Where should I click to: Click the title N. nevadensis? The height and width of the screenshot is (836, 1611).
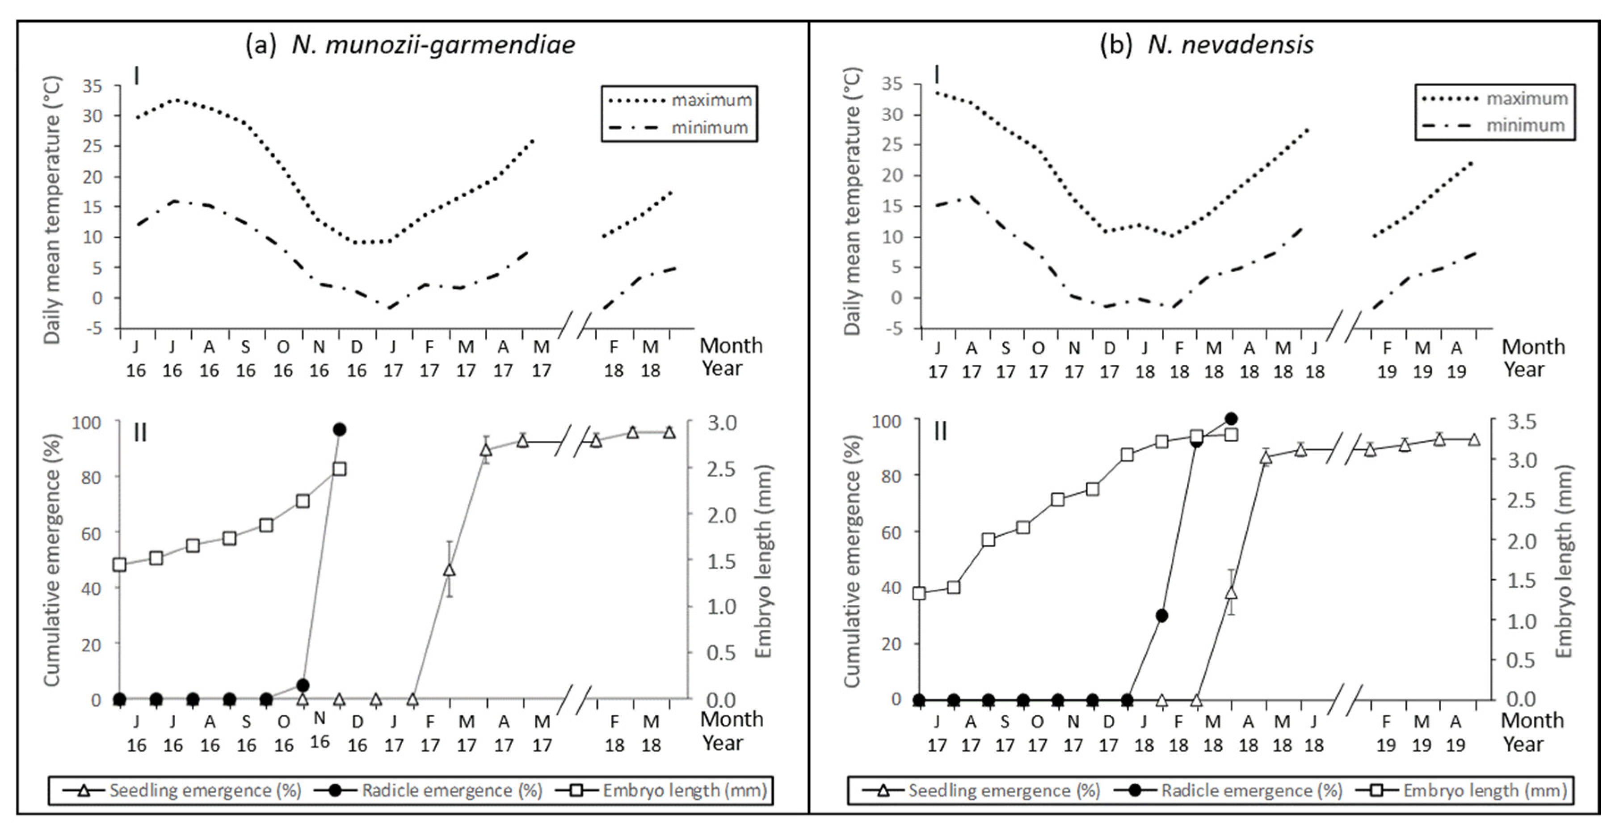tap(1230, 44)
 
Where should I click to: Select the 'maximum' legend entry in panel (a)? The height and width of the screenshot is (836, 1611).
tap(711, 100)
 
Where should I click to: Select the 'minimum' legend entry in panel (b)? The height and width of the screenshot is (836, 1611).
tap(1525, 126)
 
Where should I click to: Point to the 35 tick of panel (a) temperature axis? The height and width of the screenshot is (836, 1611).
tap(92, 86)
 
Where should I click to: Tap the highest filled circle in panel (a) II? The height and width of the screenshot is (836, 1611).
tap(340, 429)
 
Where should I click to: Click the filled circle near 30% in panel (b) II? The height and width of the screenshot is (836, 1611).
tap(1162, 616)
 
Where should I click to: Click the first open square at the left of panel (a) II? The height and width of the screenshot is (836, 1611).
tap(119, 565)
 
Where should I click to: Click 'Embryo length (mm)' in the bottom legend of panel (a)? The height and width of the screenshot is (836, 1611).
tap(684, 790)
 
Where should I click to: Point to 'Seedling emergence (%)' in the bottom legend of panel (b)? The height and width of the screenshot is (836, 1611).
tap(1004, 790)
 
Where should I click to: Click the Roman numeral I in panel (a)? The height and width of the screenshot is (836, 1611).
tap(136, 76)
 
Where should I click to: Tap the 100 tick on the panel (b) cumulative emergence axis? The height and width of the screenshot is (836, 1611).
tap(886, 421)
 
